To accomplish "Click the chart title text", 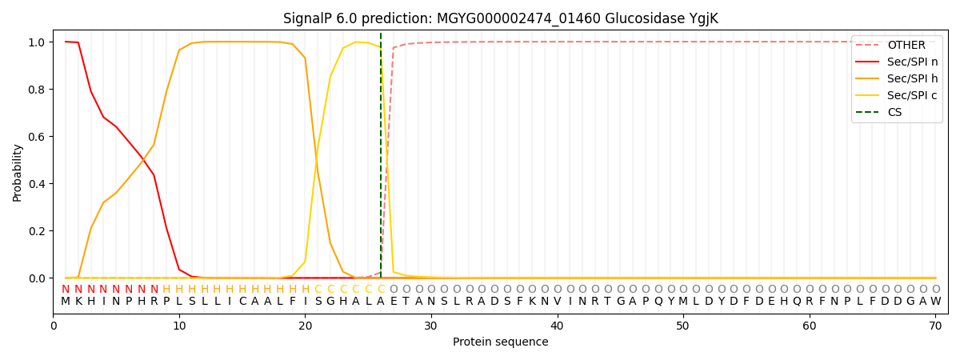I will pos(500,18).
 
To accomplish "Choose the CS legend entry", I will pos(894,113).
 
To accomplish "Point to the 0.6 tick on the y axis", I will pos(37,137).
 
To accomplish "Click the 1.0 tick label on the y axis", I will pos(37,42).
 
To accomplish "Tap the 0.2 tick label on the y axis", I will pos(37,231).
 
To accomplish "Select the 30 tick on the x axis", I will pos(431,326).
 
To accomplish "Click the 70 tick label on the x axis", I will pos(935,326).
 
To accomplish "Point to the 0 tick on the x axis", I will pos(54,326).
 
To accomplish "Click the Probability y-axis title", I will pos(18,172).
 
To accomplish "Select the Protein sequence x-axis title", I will pos(500,342).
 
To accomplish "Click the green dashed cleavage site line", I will pos(381,160).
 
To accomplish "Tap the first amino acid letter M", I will pos(66,302).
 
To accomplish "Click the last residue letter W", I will pos(935,302).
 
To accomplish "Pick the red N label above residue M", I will pos(66,290).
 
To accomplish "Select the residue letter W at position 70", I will pos(935,302).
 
